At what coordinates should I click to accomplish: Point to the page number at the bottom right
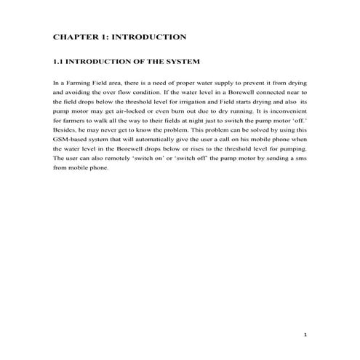point(306,335)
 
